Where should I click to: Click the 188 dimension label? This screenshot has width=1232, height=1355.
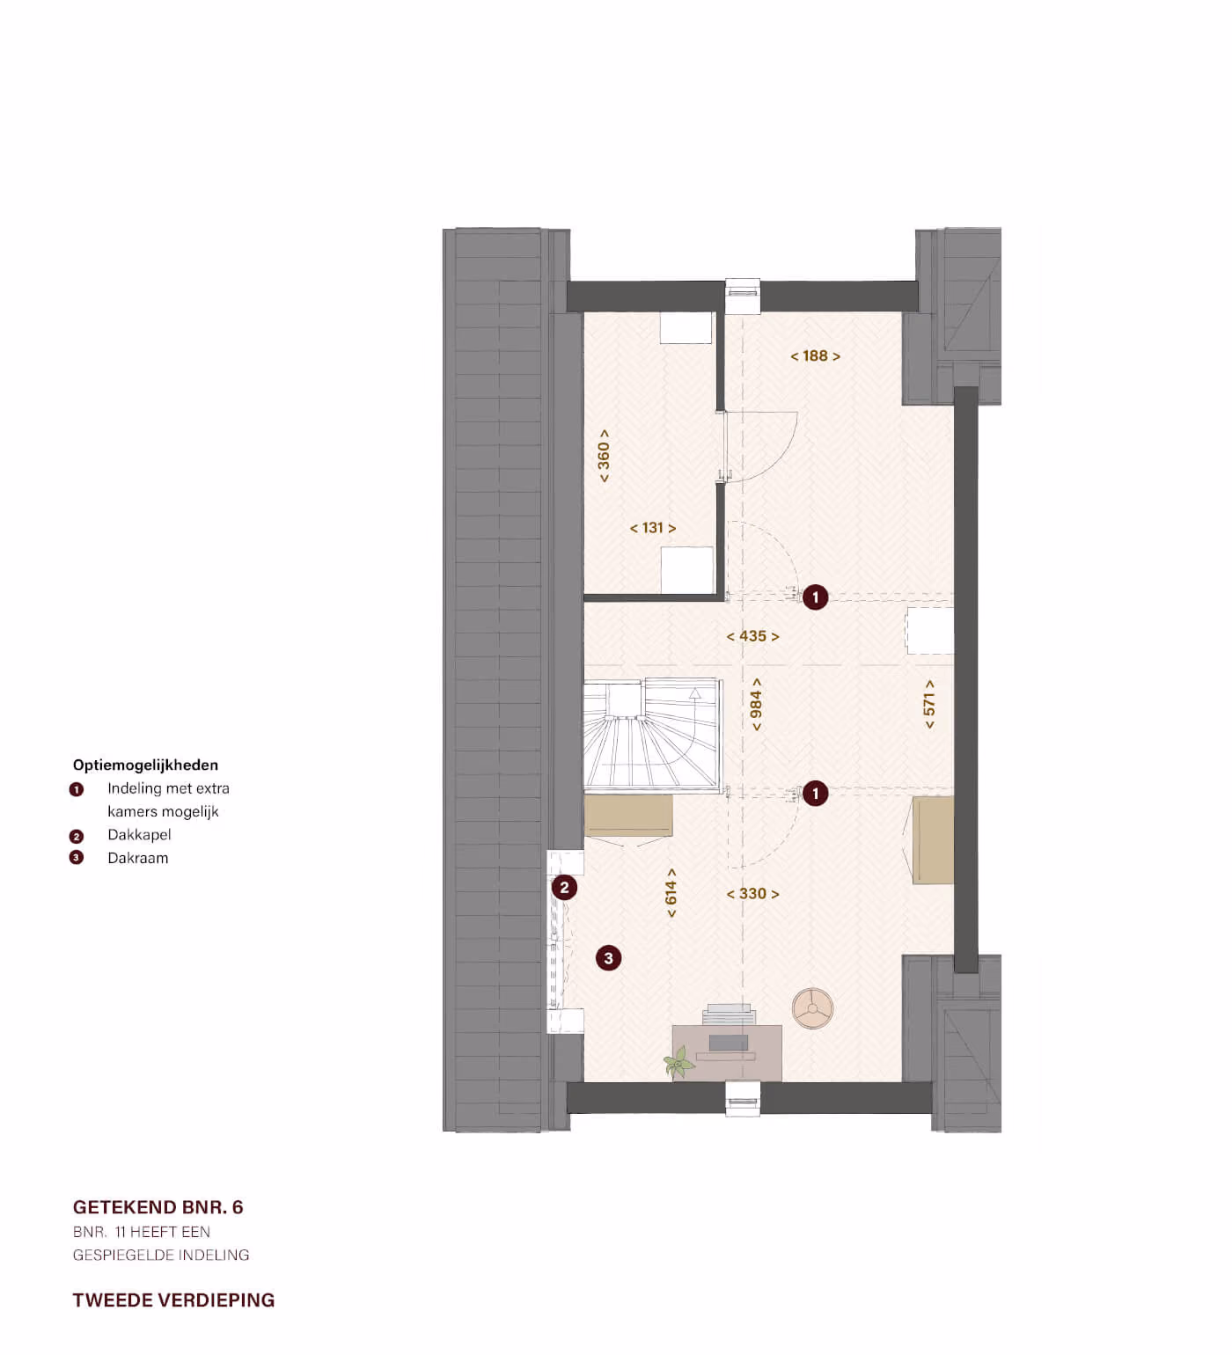point(815,356)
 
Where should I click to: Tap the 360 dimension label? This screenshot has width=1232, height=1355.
point(604,456)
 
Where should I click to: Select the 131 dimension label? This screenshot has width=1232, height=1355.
point(653,528)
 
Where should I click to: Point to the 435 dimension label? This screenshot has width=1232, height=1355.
point(752,636)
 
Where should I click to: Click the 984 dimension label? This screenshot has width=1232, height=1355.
point(756,705)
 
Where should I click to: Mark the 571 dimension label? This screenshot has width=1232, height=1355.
point(929,705)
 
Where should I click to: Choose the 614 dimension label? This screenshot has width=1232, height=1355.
point(671,893)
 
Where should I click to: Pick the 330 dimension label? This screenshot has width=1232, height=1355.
point(752,894)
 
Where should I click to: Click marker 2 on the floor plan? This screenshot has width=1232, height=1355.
point(565,888)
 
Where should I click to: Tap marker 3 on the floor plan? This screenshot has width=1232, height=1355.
point(608,958)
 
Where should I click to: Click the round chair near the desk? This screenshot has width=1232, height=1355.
point(812,1008)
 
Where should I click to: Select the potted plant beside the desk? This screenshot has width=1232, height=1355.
point(679,1063)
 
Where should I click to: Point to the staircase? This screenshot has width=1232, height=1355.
point(652,733)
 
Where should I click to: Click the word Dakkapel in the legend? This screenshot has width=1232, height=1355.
point(139,835)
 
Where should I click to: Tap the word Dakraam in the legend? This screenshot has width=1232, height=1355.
point(137,858)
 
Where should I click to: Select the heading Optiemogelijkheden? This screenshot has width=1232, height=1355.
point(145,765)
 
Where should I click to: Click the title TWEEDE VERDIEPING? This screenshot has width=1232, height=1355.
point(173,1300)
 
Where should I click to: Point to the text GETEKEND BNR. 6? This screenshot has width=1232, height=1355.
point(158,1207)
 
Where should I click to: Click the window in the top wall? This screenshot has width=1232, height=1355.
point(743,297)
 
